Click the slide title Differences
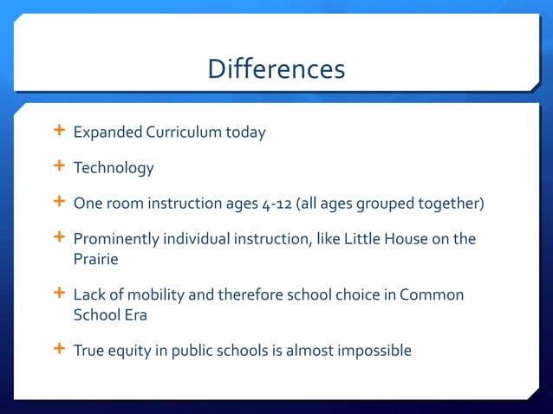(276, 68)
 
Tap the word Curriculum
(183, 133)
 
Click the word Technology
(113, 168)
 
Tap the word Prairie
(97, 258)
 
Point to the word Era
(134, 315)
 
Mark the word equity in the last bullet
(129, 351)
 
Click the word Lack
(89, 295)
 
